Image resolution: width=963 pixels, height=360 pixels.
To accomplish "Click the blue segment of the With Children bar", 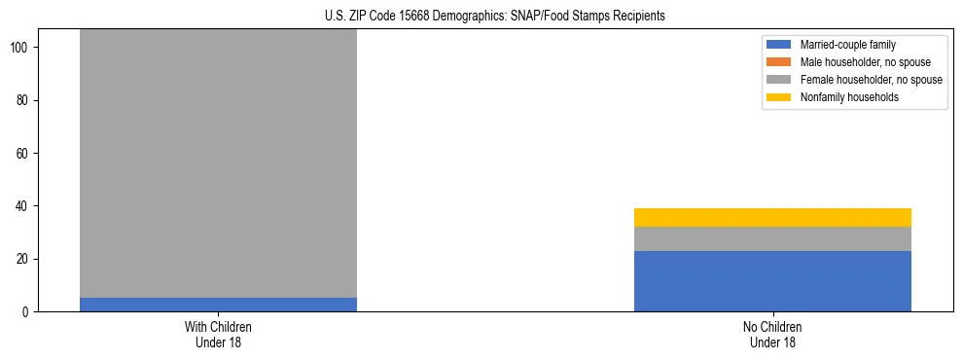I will click(218, 305).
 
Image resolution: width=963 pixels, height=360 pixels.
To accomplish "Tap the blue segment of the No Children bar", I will click(772, 281).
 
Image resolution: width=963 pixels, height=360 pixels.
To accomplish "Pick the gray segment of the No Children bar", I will click(772, 239).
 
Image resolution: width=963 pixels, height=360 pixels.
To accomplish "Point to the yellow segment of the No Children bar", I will click(772, 217).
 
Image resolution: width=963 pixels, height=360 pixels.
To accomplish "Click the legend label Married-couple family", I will click(847, 45).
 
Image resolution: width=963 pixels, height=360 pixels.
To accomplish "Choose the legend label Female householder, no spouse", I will click(871, 80).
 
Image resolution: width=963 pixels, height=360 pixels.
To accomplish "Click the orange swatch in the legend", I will click(779, 62).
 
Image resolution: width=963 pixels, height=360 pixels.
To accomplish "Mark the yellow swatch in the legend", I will click(779, 97).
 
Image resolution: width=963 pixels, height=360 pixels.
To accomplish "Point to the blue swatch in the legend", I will click(779, 45).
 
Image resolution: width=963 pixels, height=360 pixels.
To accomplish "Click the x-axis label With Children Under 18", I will click(218, 335).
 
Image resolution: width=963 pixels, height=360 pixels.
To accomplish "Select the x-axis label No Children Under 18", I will click(772, 335).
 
